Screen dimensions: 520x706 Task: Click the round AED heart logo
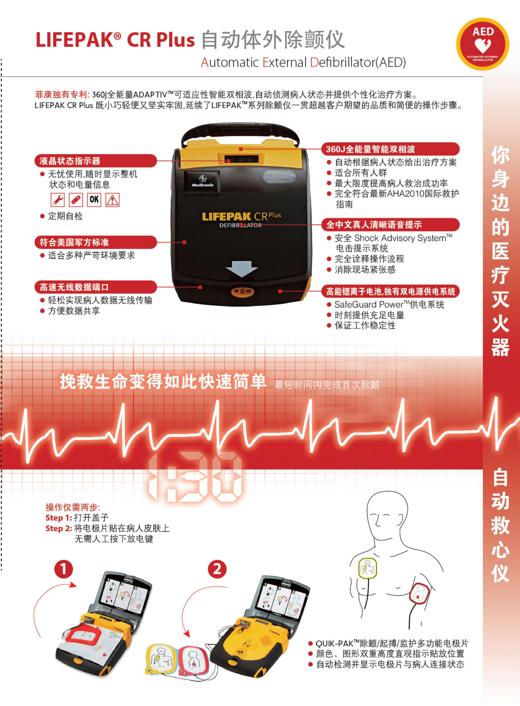(x=482, y=44)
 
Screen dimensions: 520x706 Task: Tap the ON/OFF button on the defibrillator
(x=242, y=291)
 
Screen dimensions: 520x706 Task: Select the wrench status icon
(x=58, y=200)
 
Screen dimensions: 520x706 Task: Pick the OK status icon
(x=94, y=200)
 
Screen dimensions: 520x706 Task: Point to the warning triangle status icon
(x=112, y=200)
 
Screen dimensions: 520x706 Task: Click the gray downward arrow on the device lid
(x=242, y=268)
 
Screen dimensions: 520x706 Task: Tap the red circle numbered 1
(x=64, y=569)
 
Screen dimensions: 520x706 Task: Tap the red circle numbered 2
(x=217, y=569)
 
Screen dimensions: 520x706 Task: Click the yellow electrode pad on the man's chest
(x=368, y=568)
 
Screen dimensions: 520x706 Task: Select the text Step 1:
(x=59, y=518)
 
